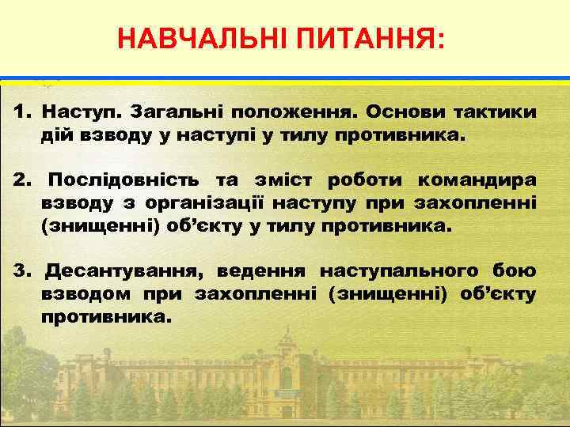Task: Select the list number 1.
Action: [x=21, y=111]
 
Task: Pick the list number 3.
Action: [x=21, y=271]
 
